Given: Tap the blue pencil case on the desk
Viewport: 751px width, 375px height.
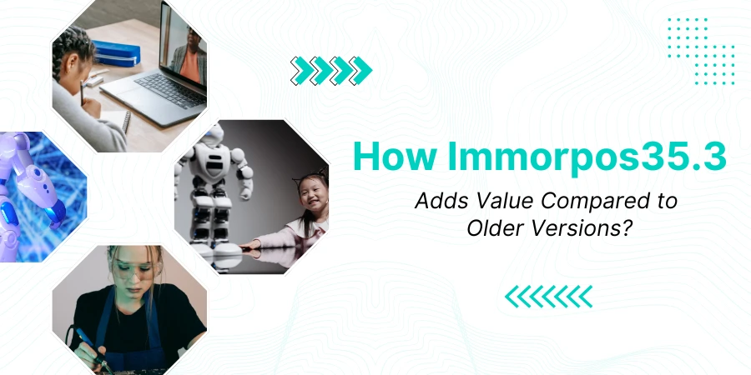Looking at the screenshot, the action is click(116, 53).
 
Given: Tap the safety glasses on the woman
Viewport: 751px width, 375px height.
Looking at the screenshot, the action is click(131, 270).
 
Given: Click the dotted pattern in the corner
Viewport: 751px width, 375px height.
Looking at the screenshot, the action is click(701, 51).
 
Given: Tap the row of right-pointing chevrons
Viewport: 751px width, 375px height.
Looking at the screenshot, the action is click(331, 71).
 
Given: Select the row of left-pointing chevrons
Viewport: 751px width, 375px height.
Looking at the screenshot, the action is click(549, 297).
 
